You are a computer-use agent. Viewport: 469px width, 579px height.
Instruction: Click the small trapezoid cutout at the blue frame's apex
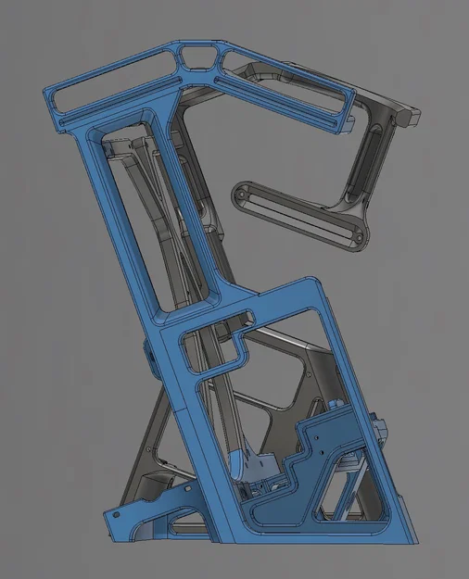(x=196, y=57)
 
